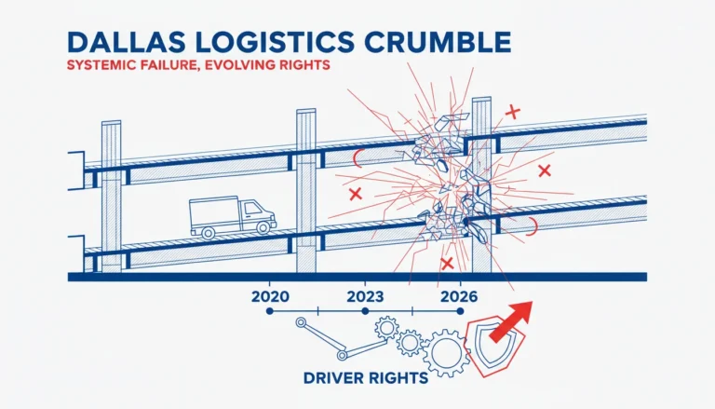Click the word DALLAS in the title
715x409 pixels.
[x=127, y=42]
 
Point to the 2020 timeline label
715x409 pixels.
[x=270, y=296]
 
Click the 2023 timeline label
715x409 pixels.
[x=365, y=296]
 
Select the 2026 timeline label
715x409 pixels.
[x=459, y=296]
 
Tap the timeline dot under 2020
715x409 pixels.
[x=269, y=311]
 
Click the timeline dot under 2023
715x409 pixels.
[x=365, y=311]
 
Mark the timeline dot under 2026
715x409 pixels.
[x=460, y=311]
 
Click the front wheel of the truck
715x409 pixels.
[x=263, y=227]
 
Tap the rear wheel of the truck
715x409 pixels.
[x=208, y=233]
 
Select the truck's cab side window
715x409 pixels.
[x=252, y=209]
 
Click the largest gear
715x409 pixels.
[x=446, y=353]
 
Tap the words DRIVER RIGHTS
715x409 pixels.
[x=366, y=378]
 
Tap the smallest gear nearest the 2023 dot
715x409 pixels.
[x=386, y=327]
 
